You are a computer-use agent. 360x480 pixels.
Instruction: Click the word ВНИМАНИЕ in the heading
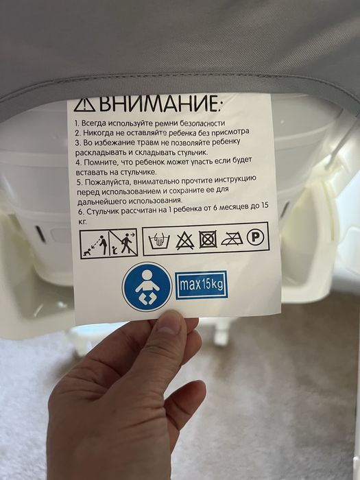click(x=159, y=105)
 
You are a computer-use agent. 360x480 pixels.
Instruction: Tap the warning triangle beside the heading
click(x=84, y=105)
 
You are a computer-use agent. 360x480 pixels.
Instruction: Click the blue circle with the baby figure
click(x=147, y=287)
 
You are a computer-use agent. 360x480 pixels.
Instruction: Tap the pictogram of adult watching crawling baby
click(x=94, y=243)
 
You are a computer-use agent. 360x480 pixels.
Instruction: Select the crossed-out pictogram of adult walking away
click(x=123, y=243)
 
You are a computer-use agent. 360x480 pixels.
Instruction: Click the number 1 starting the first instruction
click(x=76, y=123)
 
